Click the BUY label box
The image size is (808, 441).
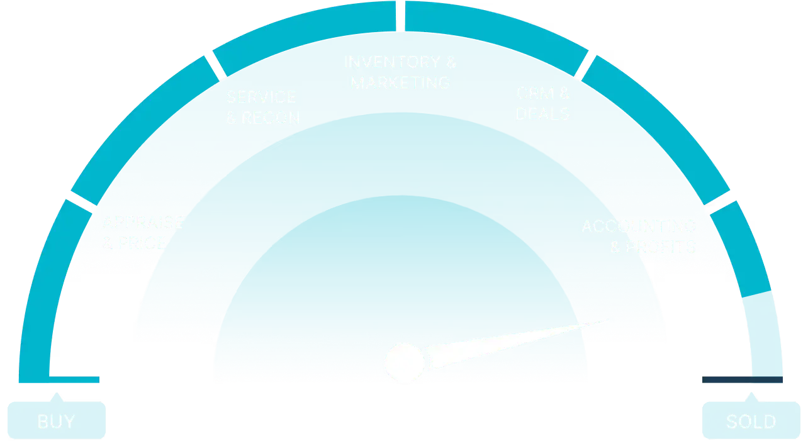56,420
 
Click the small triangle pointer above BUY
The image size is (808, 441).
57,398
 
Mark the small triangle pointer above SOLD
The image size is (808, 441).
751,398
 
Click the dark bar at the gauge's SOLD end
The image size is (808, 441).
741,380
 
